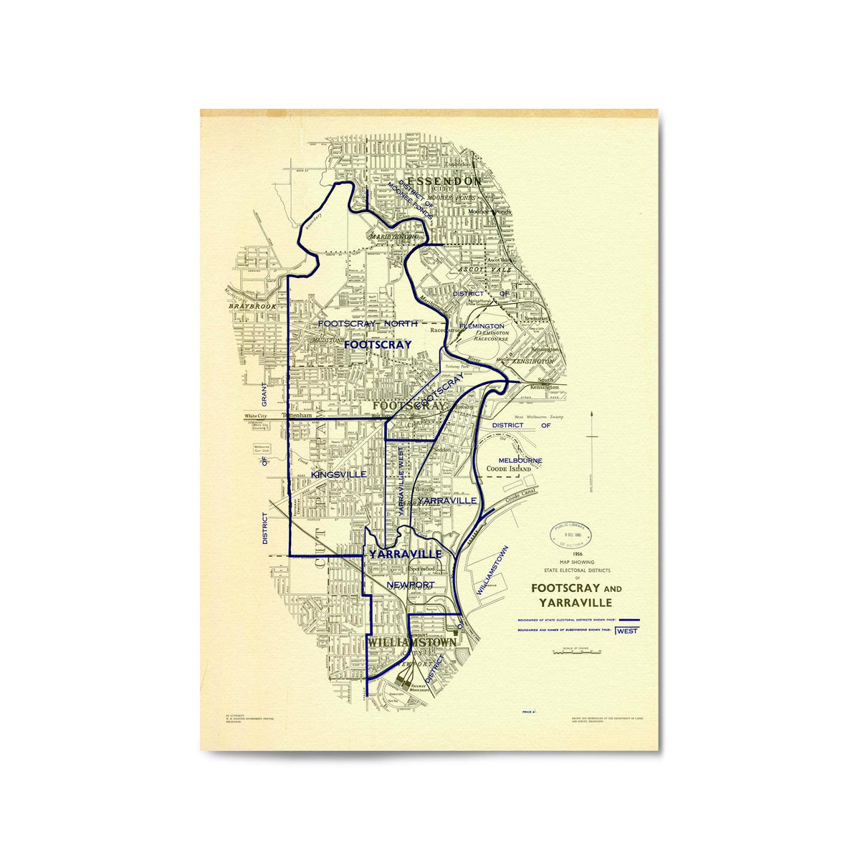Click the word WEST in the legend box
tap(627, 631)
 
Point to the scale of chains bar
tap(576, 653)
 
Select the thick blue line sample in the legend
tap(629, 618)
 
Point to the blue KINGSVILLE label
tap(339, 474)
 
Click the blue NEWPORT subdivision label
tap(410, 585)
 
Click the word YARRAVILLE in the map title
tap(572, 603)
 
